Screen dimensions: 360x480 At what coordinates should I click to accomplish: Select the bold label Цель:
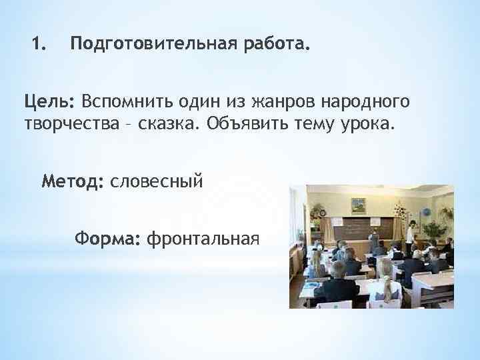click(49, 102)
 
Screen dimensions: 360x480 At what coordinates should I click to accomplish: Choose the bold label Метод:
click(73, 181)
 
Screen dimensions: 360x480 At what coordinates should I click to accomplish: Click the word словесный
click(156, 181)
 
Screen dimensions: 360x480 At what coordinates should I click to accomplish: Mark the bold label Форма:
click(107, 238)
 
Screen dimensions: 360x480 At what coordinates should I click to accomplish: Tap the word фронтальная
click(202, 238)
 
